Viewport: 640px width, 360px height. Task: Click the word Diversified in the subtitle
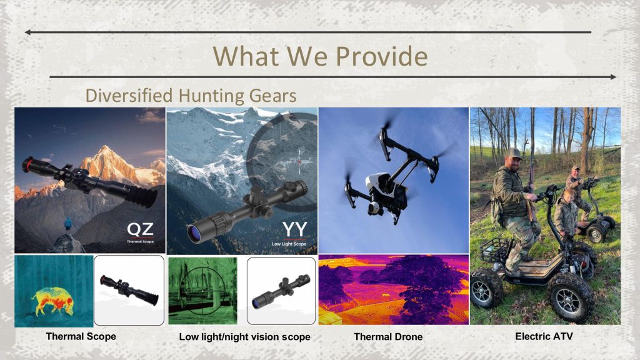[129, 96]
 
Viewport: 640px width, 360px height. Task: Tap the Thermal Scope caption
[81, 336]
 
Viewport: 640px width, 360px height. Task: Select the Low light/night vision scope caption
[244, 337]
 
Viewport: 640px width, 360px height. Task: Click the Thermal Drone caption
[388, 337]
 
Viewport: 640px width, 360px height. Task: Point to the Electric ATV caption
[544, 336]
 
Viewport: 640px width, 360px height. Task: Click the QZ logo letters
[140, 230]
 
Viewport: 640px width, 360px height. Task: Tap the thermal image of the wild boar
[54, 301]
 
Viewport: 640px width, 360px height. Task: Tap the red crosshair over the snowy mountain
[299, 162]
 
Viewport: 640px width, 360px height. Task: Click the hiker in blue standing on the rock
[67, 225]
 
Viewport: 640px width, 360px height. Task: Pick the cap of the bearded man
[512, 154]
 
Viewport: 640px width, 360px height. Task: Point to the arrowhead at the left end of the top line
[27, 32]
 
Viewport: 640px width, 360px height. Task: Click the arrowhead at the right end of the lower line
[613, 77]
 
